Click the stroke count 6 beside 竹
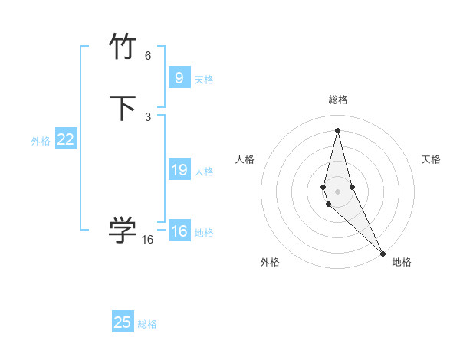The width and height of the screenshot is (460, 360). (x=148, y=56)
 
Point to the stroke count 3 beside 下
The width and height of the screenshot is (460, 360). (x=148, y=116)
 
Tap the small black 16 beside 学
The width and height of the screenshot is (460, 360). (x=148, y=239)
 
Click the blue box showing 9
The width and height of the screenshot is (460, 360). (x=179, y=77)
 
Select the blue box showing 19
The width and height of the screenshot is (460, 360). (x=179, y=170)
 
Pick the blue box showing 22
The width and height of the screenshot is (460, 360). (x=65, y=139)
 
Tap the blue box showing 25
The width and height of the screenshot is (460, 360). (x=123, y=322)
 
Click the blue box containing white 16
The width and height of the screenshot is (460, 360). (x=179, y=231)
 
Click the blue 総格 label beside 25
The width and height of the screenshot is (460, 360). (x=147, y=324)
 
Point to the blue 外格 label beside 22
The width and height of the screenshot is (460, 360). (x=41, y=141)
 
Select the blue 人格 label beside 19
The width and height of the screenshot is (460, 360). (x=205, y=172)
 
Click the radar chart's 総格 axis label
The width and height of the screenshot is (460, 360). (x=337, y=100)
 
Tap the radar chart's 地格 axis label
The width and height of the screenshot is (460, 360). (x=402, y=262)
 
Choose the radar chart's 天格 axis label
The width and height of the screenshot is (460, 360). (x=431, y=159)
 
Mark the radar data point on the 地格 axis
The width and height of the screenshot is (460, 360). (x=383, y=253)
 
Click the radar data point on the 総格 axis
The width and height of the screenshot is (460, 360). (x=337, y=129)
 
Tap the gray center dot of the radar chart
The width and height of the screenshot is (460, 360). (x=337, y=191)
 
